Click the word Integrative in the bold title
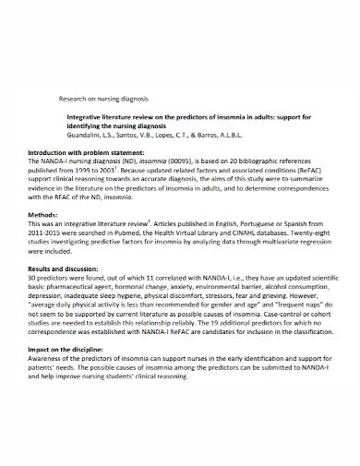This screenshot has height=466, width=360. pos(88,118)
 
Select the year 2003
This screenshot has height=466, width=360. pos(133,172)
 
